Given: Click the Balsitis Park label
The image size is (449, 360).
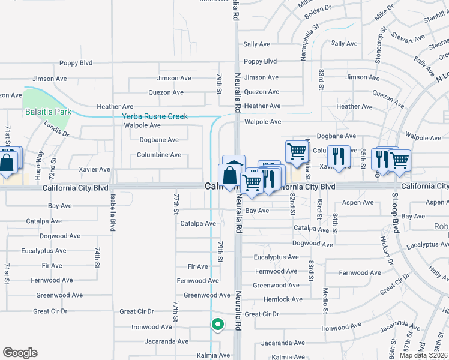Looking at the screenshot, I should (48, 112).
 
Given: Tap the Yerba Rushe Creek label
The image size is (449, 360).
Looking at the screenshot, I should (155, 116).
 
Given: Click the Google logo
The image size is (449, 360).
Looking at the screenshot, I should (20, 353).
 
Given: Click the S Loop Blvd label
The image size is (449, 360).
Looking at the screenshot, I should (395, 213).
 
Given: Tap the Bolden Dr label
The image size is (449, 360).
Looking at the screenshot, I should (318, 8).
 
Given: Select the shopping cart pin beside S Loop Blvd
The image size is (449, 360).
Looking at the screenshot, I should (399, 160).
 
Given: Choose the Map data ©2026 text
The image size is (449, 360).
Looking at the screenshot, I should (423, 355).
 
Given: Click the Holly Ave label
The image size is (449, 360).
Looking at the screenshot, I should (438, 274).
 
